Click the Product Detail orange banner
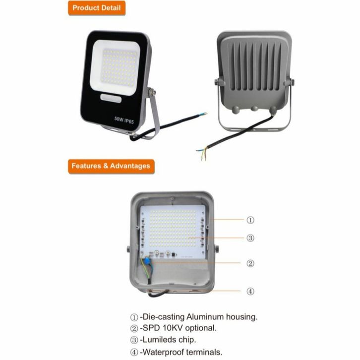click(97, 8)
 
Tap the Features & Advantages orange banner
click(111, 166)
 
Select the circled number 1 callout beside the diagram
click(250, 220)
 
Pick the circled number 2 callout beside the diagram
click(250, 263)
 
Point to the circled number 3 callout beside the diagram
click(250, 238)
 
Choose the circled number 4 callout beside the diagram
click(250, 292)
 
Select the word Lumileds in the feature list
click(160, 340)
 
